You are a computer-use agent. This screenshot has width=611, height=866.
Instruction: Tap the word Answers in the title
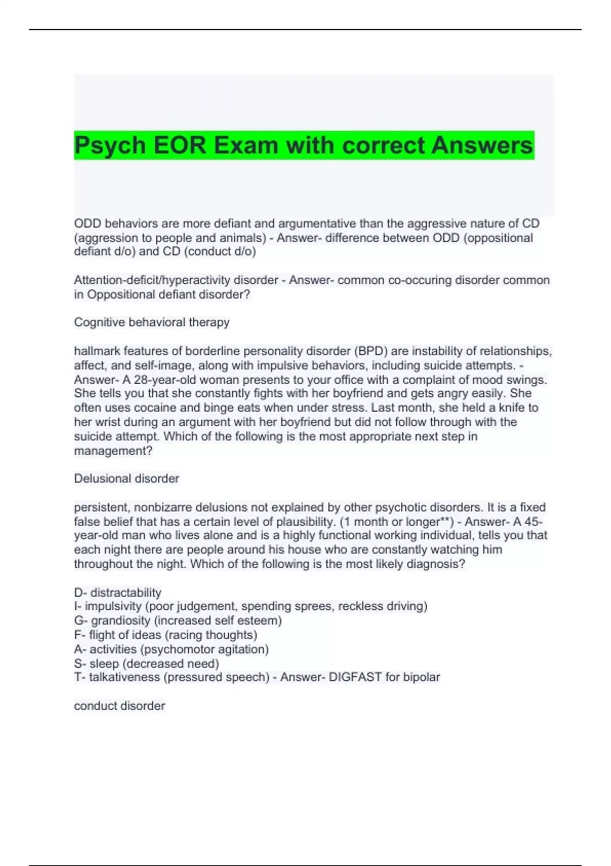482,145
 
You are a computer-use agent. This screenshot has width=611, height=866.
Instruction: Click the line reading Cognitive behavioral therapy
152,322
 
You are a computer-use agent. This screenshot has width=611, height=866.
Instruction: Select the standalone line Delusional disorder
126,478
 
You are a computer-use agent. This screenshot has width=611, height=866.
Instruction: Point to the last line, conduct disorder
120,706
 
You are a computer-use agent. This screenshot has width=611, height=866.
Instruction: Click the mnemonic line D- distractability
118,592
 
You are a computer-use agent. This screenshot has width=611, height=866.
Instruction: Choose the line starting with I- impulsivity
251,606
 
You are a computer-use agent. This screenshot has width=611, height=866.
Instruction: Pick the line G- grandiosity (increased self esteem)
178,620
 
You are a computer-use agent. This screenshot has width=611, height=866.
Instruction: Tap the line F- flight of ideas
165,635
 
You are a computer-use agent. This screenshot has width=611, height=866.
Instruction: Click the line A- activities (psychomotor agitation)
171,649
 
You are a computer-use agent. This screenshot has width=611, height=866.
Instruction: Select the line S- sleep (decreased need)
147,663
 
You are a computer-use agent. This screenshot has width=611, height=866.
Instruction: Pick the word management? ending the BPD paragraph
113,451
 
